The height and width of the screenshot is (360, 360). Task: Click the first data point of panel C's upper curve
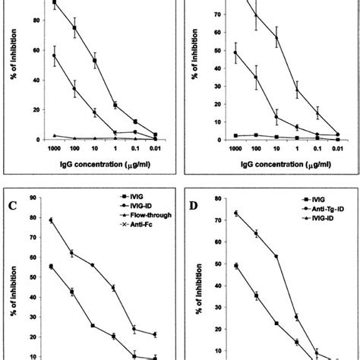[51, 220]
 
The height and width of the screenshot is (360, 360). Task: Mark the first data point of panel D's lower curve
[235, 266]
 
